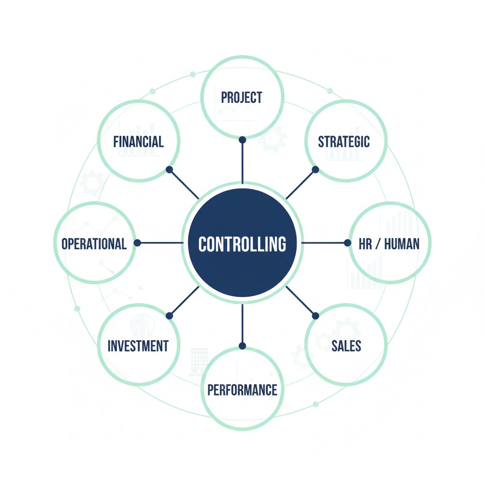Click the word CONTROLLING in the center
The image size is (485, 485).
[242, 244]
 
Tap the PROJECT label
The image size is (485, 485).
[242, 98]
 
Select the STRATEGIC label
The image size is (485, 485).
[344, 142]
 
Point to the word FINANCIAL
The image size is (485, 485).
[138, 142]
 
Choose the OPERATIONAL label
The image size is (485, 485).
[94, 243]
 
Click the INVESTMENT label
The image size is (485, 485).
[138, 346]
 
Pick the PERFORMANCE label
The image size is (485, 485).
[242, 390]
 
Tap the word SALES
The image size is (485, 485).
[346, 346]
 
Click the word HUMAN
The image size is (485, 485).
[402, 244]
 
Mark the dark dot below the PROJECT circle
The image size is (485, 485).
[242, 140]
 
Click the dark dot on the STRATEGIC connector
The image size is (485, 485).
[315, 169]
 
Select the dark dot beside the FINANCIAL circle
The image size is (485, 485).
[169, 169]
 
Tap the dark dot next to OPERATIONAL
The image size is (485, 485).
[137, 242]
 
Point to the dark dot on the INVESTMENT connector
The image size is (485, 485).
[169, 316]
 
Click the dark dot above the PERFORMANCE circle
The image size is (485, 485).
[242, 346]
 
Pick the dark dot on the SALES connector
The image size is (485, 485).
[315, 316]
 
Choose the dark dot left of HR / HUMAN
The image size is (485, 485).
[348, 242]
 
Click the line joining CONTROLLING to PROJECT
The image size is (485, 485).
[242, 163]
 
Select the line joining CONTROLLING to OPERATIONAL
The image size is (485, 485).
[161, 242]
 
